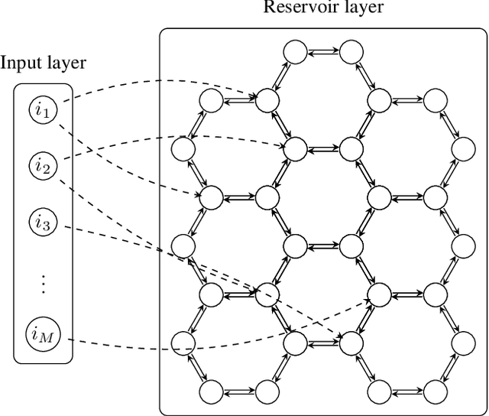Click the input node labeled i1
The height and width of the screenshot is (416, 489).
43,112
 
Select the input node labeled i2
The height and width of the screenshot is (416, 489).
43,166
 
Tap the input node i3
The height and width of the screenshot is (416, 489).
43,223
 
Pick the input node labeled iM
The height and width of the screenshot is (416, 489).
43,333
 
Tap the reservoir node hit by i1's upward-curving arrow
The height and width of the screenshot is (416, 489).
267,100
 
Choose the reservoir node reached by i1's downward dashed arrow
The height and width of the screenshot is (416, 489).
212,197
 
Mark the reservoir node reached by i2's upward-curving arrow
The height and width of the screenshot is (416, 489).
295,148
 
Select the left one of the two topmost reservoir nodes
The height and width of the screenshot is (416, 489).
295,52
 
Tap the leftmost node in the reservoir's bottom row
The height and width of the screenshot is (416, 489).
212,392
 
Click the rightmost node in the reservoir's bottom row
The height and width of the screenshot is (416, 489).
435,392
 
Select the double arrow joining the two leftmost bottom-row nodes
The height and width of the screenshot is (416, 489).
239,392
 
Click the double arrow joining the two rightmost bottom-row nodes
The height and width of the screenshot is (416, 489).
406,392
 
